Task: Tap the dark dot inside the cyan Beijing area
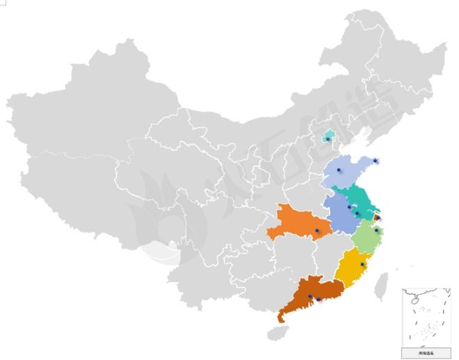click(x=328, y=139)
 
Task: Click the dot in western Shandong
click(x=339, y=170)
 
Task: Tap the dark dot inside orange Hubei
click(x=316, y=230)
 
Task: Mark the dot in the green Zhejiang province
click(x=376, y=230)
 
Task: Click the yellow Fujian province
click(x=351, y=268)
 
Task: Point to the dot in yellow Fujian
click(x=362, y=264)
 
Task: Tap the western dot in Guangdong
click(x=310, y=297)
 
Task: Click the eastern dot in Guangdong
click(x=319, y=300)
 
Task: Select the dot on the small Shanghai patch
click(x=377, y=218)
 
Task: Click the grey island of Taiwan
click(x=381, y=286)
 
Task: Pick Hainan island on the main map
click(x=277, y=334)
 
